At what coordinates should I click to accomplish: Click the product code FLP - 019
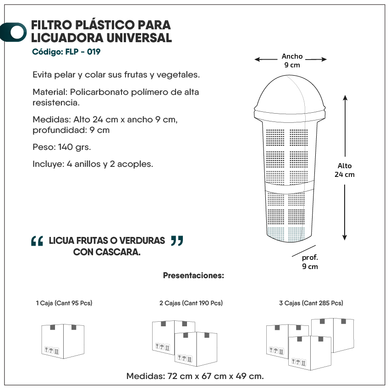83,52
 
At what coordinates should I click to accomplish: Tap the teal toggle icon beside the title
13,32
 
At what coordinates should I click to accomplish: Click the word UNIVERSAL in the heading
139,38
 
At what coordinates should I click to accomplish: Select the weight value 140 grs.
74,147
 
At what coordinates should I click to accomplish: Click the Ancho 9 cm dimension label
292,60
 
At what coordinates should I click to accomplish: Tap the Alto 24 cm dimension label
345,170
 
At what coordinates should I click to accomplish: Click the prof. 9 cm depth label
310,262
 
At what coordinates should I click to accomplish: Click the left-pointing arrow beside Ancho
266,60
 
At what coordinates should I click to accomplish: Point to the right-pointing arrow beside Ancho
316,59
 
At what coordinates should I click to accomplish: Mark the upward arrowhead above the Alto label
345,98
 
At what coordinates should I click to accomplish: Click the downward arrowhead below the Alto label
345,237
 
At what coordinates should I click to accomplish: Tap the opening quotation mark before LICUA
37,241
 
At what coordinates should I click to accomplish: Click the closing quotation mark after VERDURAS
177,241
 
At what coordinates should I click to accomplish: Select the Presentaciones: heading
193,275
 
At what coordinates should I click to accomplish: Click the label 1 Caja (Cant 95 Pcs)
64,303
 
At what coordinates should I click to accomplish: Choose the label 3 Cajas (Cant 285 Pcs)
311,303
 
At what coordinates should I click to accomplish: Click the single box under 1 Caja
63,341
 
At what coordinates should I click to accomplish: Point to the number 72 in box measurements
172,376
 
